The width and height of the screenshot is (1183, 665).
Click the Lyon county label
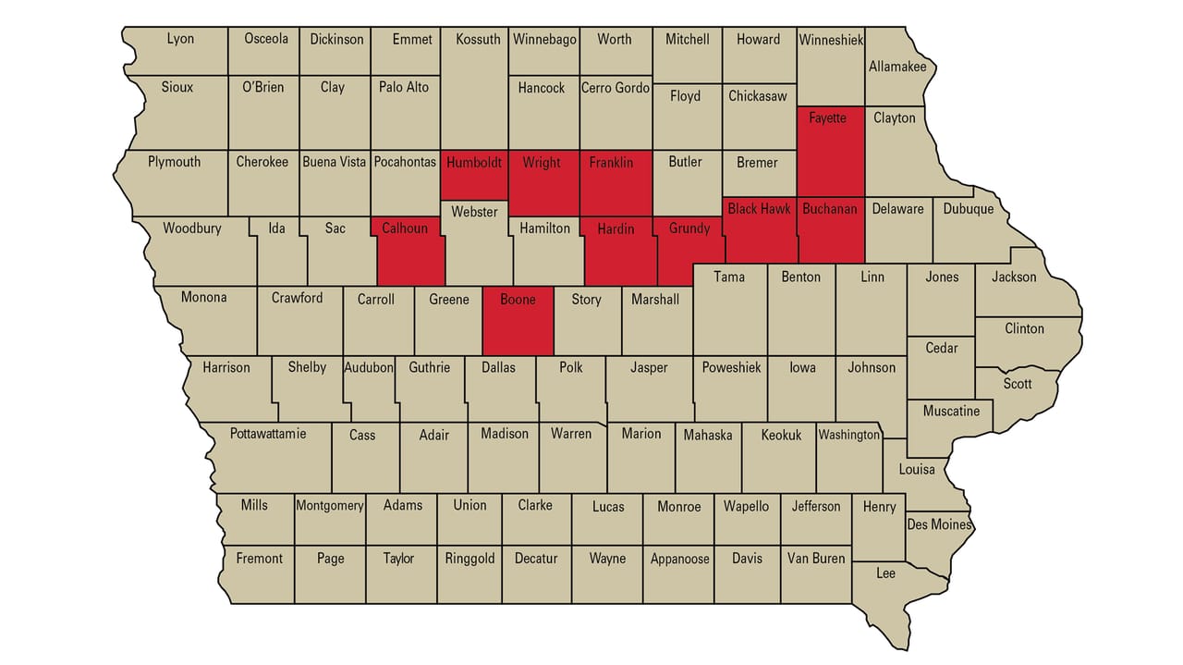[x=180, y=40]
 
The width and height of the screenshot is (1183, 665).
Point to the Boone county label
[x=518, y=300]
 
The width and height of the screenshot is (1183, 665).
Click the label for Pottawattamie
[x=268, y=433]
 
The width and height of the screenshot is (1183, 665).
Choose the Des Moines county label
[x=939, y=524]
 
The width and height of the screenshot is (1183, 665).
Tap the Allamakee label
[x=896, y=67]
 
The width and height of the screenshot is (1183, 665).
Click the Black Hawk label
[x=759, y=209]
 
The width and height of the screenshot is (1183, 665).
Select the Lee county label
[x=885, y=573]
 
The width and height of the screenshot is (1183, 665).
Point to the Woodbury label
[x=192, y=228]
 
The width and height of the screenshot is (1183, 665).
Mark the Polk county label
[x=571, y=367]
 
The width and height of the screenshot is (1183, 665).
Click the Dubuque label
[x=969, y=209]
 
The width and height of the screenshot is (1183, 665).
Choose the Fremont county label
[x=260, y=559]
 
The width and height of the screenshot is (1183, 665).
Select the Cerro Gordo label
[x=616, y=88]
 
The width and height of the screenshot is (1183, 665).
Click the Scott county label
[x=1018, y=383]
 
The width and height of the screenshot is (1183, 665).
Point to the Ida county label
[x=276, y=228]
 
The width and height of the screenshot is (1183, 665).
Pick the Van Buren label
[x=816, y=559]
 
